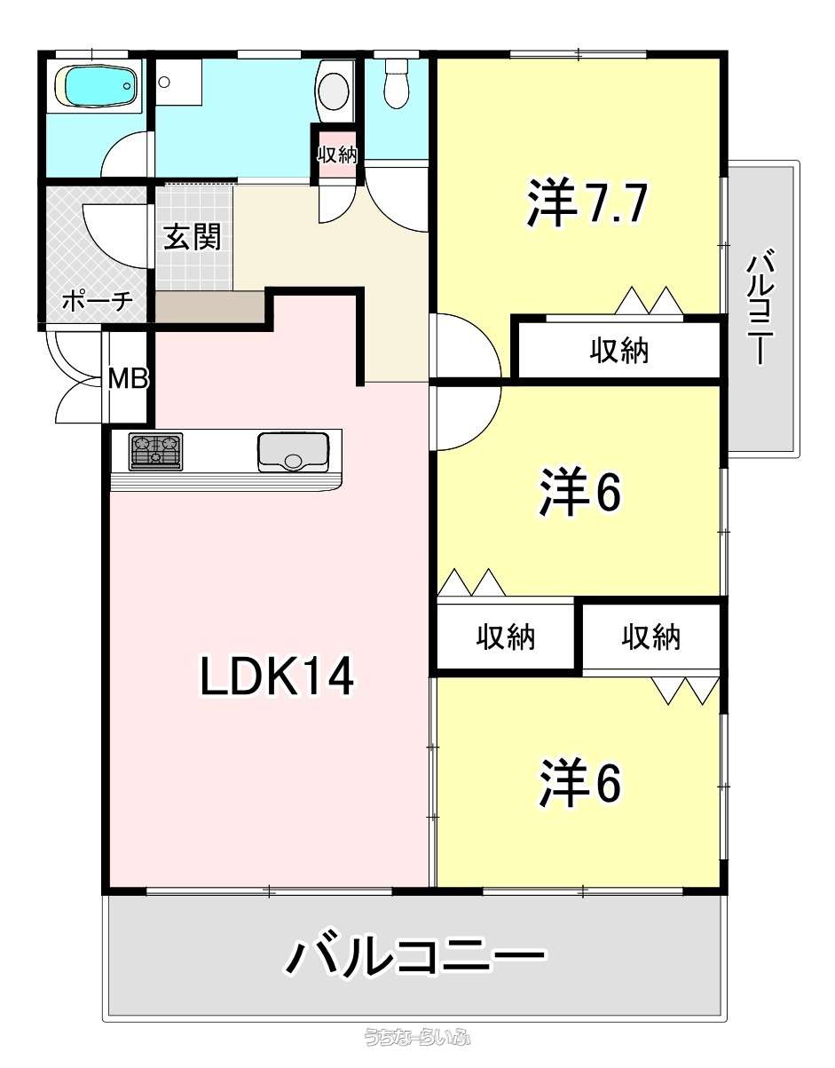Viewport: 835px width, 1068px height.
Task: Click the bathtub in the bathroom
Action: tap(96, 86)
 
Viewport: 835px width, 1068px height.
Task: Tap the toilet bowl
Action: tap(397, 83)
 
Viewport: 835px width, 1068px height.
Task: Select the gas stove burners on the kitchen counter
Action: tap(155, 451)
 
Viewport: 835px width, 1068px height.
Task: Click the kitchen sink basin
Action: tap(293, 452)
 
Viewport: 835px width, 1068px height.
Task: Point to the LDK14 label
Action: tap(277, 676)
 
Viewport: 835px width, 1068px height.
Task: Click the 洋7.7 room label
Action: tap(587, 202)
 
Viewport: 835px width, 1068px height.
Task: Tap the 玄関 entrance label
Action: tap(192, 237)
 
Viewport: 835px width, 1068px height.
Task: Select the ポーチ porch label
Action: tap(98, 300)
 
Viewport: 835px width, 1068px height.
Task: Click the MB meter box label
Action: tap(128, 379)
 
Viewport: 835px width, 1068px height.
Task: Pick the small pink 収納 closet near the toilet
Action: tap(337, 155)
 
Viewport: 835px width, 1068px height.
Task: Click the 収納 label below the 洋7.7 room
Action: tap(619, 351)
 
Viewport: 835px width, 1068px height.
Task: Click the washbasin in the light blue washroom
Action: tap(334, 90)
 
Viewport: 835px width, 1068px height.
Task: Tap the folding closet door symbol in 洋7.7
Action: tap(650, 300)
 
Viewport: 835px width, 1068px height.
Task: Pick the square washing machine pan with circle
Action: tap(178, 82)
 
